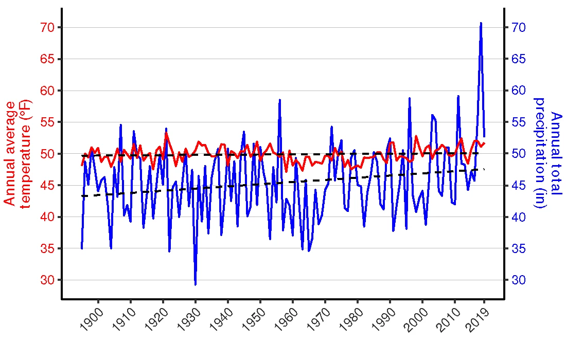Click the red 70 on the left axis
click(x=47, y=27)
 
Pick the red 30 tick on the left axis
click(x=47, y=280)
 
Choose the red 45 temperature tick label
click(x=47, y=186)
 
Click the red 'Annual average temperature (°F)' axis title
click(x=16, y=154)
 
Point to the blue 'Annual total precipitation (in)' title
click(x=546, y=153)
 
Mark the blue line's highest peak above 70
click(x=481, y=23)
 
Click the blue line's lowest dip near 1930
click(x=196, y=284)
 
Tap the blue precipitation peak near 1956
click(x=279, y=100)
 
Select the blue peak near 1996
click(x=410, y=98)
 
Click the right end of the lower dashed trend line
click(x=484, y=169)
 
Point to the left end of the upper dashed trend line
click(x=82, y=155)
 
